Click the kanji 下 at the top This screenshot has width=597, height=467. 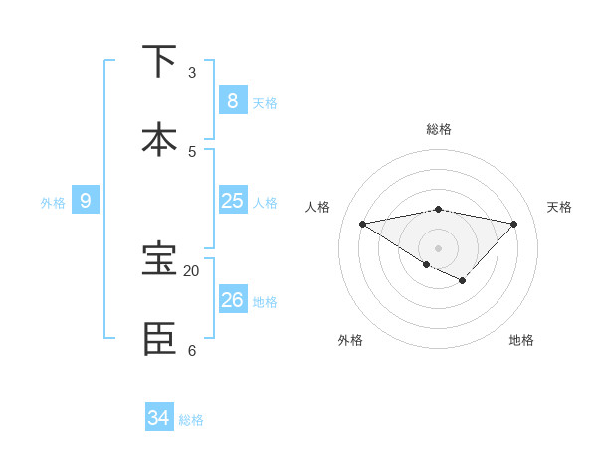click(x=159, y=62)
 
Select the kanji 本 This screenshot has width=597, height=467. click(x=159, y=140)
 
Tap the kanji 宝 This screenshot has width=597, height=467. click(x=159, y=259)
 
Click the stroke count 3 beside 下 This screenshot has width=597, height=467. click(x=192, y=73)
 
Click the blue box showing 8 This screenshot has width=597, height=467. click(x=232, y=100)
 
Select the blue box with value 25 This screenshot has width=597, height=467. click(x=232, y=201)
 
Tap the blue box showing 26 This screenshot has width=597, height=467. click(x=232, y=299)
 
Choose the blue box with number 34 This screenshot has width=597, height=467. click(x=158, y=418)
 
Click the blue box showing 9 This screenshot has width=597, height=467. click(x=86, y=201)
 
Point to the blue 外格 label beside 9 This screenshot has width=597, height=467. click(x=53, y=203)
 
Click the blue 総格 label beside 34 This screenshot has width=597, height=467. click(x=191, y=420)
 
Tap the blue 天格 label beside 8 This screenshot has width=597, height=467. click(x=265, y=103)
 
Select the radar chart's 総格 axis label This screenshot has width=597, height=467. click(x=439, y=129)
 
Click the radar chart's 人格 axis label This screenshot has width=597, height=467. click(x=318, y=207)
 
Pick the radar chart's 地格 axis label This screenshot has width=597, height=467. click(x=521, y=340)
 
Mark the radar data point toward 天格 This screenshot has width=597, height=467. click(x=514, y=224)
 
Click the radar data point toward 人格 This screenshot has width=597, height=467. click(x=362, y=224)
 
